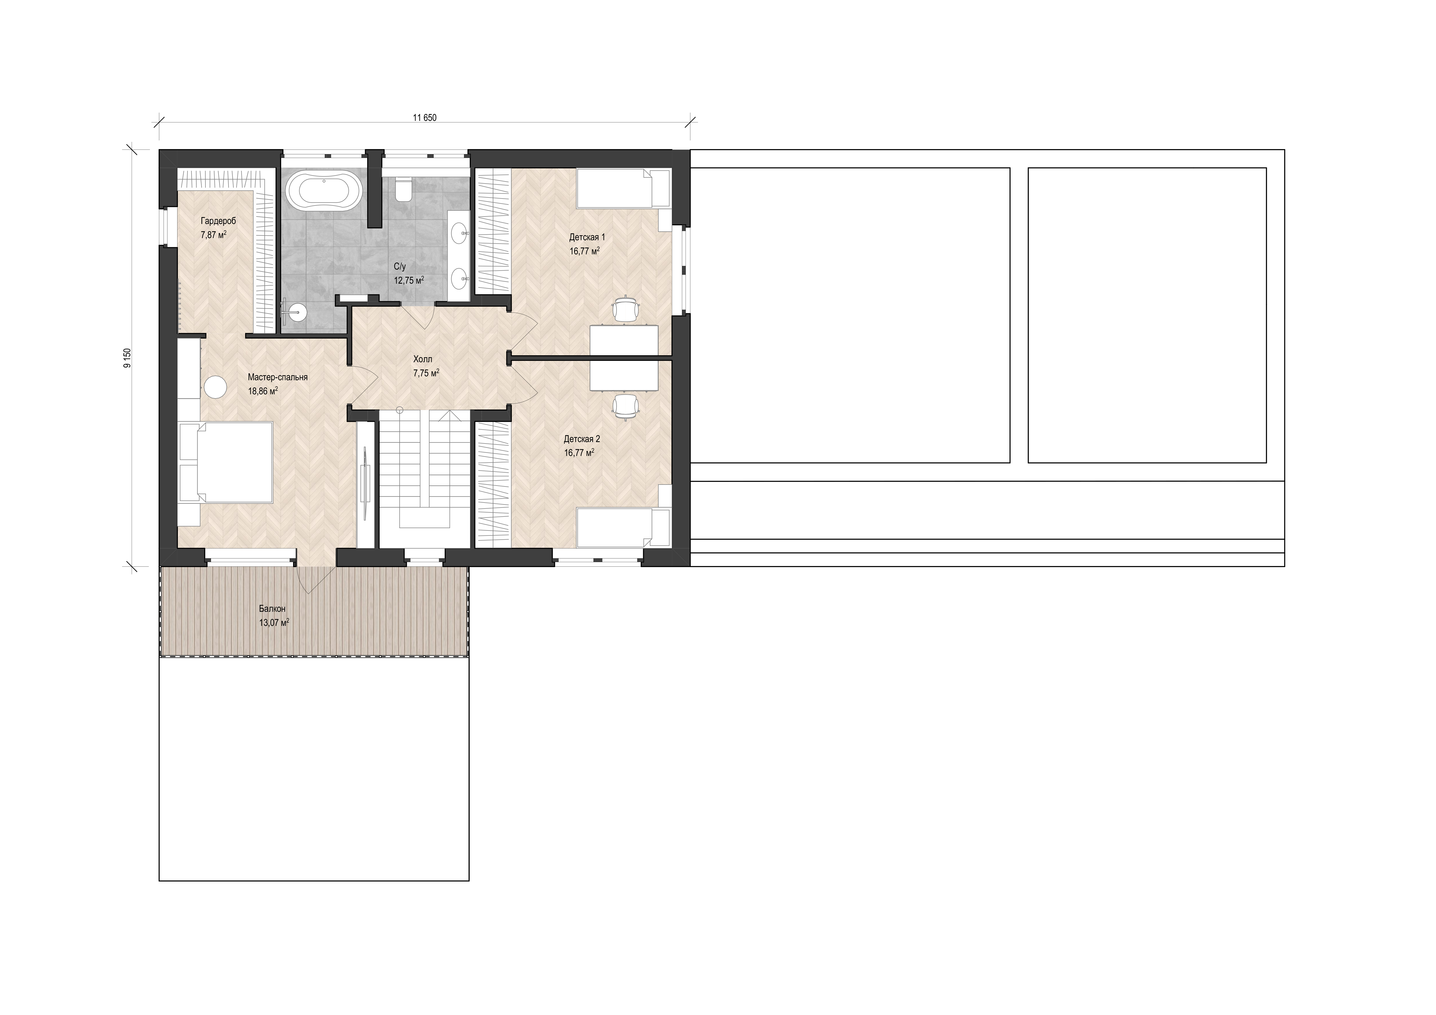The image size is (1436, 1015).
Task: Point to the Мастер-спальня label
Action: click(x=278, y=377)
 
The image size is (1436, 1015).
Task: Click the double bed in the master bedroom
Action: click(x=226, y=462)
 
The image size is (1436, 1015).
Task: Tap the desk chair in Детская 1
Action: click(x=626, y=309)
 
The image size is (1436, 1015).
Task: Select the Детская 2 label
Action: click(x=582, y=439)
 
